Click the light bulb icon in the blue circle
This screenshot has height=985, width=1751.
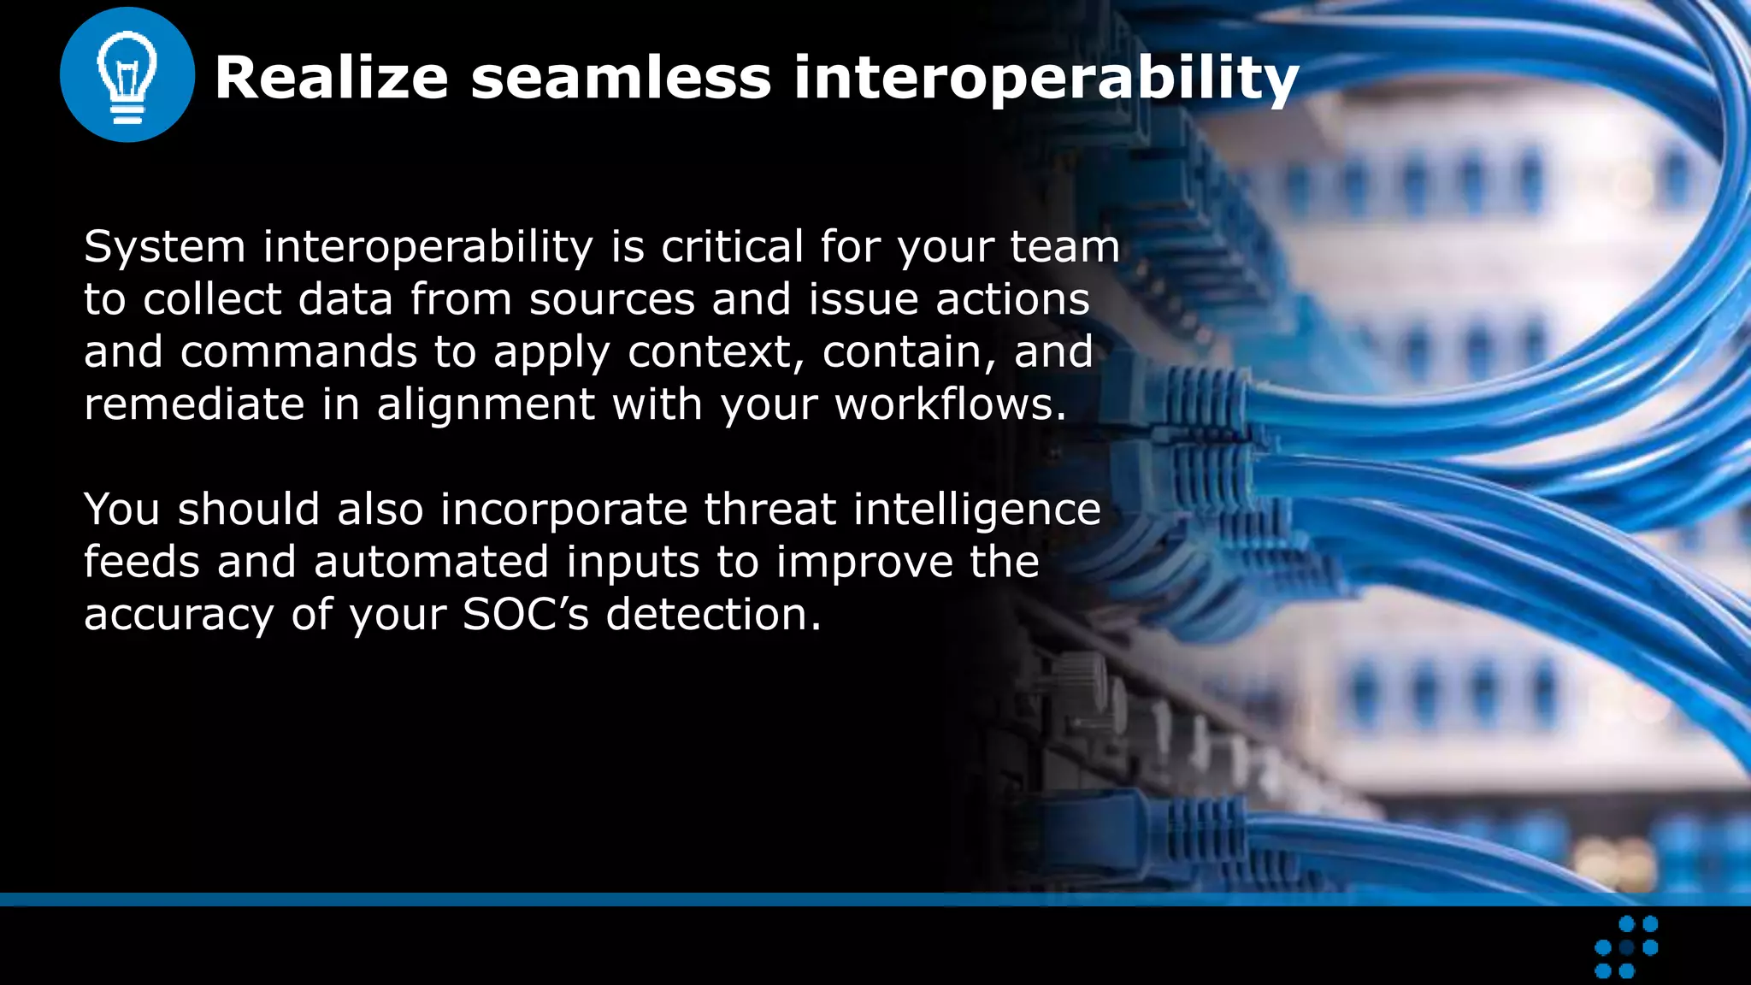pyautogui.click(x=127, y=75)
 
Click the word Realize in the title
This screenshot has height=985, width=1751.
pyautogui.click(x=331, y=78)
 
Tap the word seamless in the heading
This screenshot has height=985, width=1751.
pyautogui.click(x=621, y=78)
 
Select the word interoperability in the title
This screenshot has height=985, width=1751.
pyautogui.click(x=1046, y=80)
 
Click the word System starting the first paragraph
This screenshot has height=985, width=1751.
pyautogui.click(x=165, y=247)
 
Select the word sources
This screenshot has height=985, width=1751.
pyautogui.click(x=612, y=300)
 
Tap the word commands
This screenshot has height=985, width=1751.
pyautogui.click(x=298, y=352)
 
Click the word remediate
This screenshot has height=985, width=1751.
pyautogui.click(x=194, y=404)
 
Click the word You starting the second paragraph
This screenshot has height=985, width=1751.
pyautogui.click(x=122, y=510)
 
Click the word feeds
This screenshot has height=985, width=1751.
pyautogui.click(x=142, y=563)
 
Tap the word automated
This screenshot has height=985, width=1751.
pyautogui.click(x=431, y=563)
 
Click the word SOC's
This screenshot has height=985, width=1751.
pyautogui.click(x=526, y=615)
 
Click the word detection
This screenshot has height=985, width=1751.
pyautogui.click(x=713, y=615)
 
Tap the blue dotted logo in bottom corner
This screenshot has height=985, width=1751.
pyautogui.click(x=1626, y=947)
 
